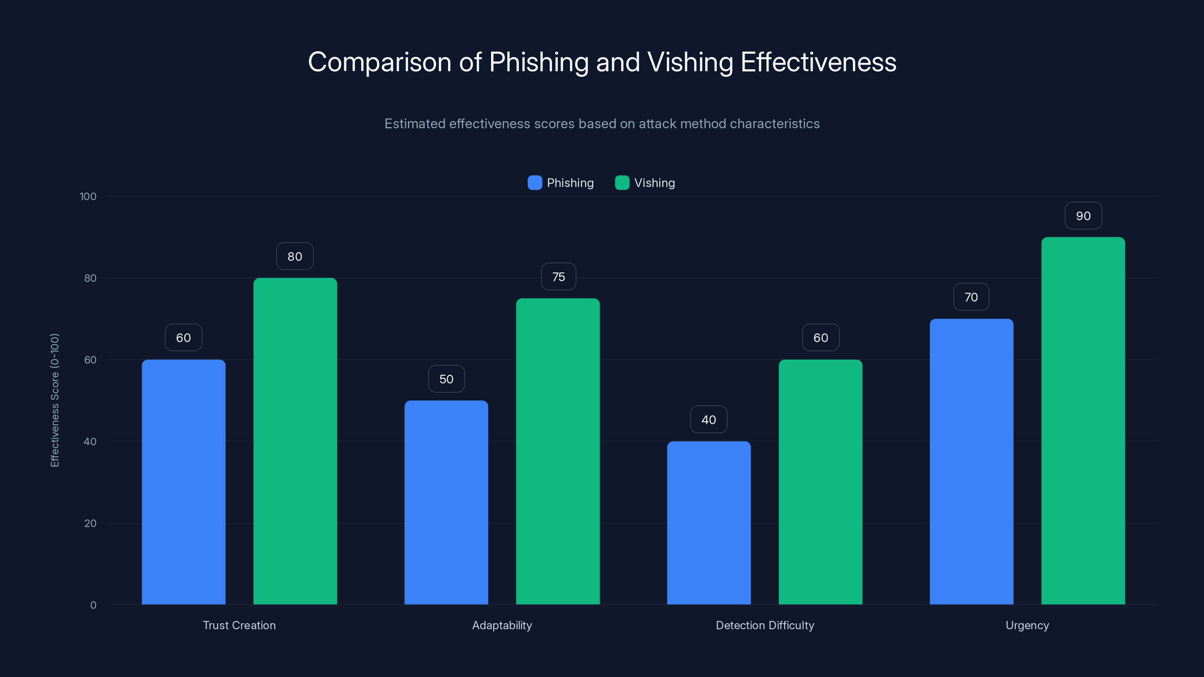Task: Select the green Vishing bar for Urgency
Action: pyautogui.click(x=1083, y=420)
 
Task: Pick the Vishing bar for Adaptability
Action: pyautogui.click(x=558, y=451)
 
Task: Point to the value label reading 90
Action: pyautogui.click(x=1083, y=216)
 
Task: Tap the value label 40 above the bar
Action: pyautogui.click(x=708, y=420)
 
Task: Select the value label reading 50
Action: pyautogui.click(x=446, y=379)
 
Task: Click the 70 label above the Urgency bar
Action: pyautogui.click(x=971, y=297)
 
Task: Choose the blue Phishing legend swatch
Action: pyautogui.click(x=535, y=183)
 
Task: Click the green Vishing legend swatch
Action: pyautogui.click(x=622, y=183)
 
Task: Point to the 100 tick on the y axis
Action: pyautogui.click(x=88, y=196)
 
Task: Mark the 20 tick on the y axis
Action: pyautogui.click(x=90, y=523)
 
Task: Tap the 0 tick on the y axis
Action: pyautogui.click(x=93, y=605)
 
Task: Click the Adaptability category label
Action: pyautogui.click(x=502, y=625)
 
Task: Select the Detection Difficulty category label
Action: pyautogui.click(x=765, y=625)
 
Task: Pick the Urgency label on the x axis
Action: pyautogui.click(x=1027, y=625)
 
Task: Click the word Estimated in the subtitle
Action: pyautogui.click(x=415, y=124)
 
